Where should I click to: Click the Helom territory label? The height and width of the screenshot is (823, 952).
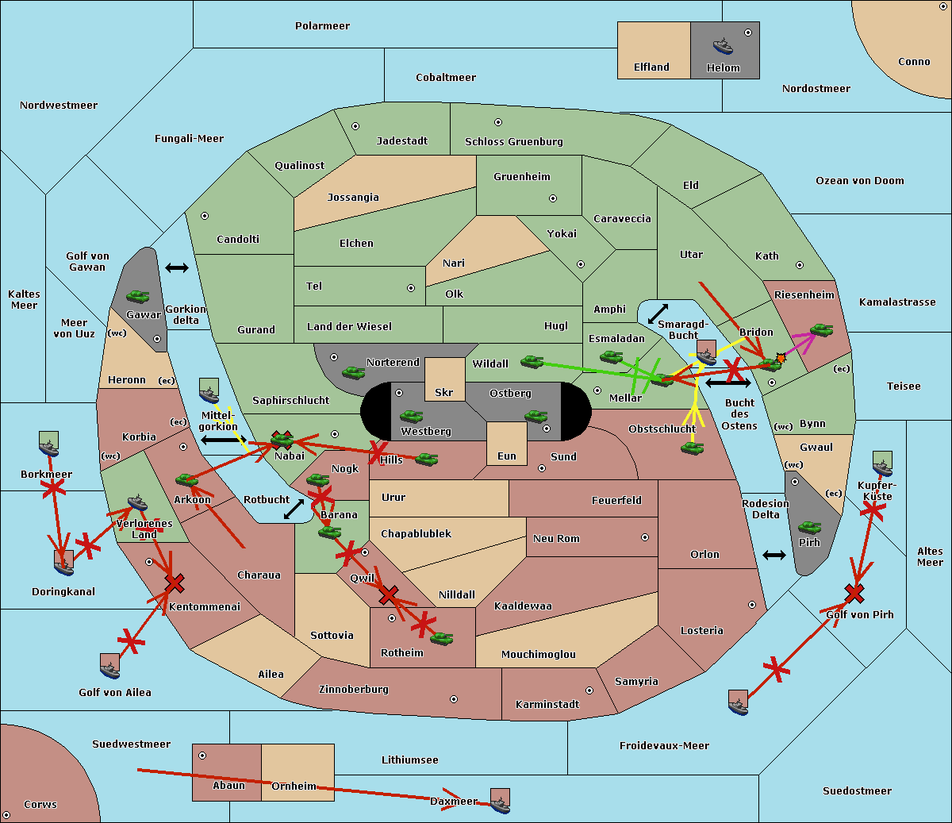[724, 68]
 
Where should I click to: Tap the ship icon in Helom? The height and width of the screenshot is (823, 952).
[723, 46]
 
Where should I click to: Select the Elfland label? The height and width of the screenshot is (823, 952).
[651, 67]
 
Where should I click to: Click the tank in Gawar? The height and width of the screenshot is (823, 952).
[138, 297]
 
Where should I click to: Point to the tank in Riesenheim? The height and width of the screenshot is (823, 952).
[821, 329]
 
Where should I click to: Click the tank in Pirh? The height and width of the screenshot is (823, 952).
[809, 527]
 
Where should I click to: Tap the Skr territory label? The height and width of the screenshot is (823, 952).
[444, 393]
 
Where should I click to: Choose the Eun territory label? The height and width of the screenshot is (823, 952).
[507, 456]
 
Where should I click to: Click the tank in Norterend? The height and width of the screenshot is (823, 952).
[354, 372]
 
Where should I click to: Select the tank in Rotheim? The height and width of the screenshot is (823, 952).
[442, 638]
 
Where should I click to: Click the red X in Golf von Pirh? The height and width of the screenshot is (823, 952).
[854, 593]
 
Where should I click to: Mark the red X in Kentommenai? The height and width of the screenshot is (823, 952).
[175, 584]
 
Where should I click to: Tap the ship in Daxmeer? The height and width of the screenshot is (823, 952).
[500, 802]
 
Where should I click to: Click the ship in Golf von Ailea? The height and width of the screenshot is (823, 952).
[110, 667]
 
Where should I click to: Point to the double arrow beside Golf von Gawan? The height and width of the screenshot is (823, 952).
[177, 268]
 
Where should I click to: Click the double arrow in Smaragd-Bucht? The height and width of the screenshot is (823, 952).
[658, 314]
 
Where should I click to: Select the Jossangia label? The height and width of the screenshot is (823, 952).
[353, 198]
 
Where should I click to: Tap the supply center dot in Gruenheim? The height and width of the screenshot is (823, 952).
[553, 198]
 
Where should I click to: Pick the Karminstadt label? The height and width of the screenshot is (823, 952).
[547, 705]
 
